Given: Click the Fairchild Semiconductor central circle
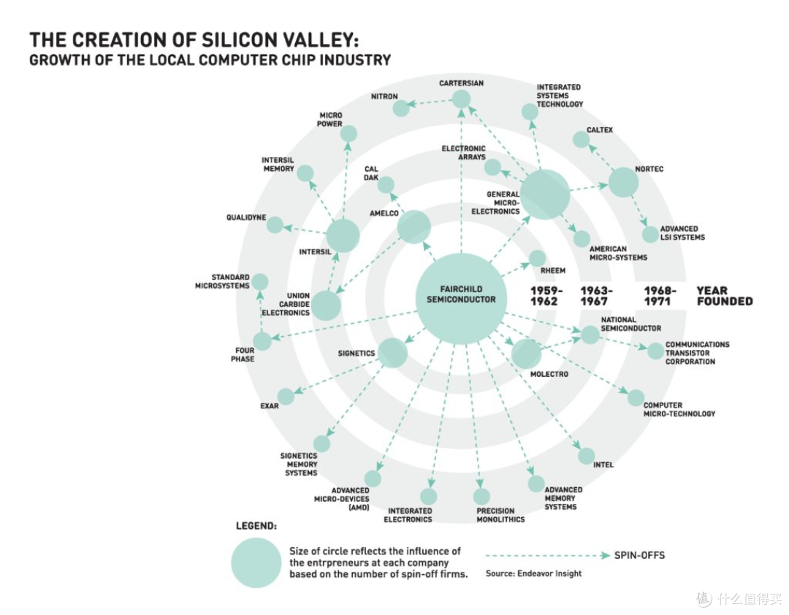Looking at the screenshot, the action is (461, 299).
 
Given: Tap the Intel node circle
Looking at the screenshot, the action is (586, 456).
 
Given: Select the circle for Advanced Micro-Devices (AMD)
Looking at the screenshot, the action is (373, 478).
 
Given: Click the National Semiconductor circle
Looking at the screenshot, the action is (590, 335).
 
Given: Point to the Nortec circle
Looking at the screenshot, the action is (623, 182).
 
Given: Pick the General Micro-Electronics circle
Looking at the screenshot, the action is (545, 194).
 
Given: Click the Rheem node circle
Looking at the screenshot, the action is (538, 259).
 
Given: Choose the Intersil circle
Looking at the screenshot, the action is (343, 235).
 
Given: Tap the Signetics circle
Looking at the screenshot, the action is (392, 352).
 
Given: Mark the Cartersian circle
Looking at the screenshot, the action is (461, 99).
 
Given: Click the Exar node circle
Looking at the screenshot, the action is (286, 397).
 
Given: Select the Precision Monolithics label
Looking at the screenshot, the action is (500, 515).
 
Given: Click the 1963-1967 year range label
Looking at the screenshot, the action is (596, 296).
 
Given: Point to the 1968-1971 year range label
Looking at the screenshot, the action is (660, 296).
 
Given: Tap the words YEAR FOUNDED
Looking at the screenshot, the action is (725, 296).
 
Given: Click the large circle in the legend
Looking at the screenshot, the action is (256, 562).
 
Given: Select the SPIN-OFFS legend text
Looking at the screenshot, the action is (639, 555).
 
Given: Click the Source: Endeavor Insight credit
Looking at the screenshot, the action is (533, 573).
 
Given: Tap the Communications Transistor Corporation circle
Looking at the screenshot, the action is (655, 351).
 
